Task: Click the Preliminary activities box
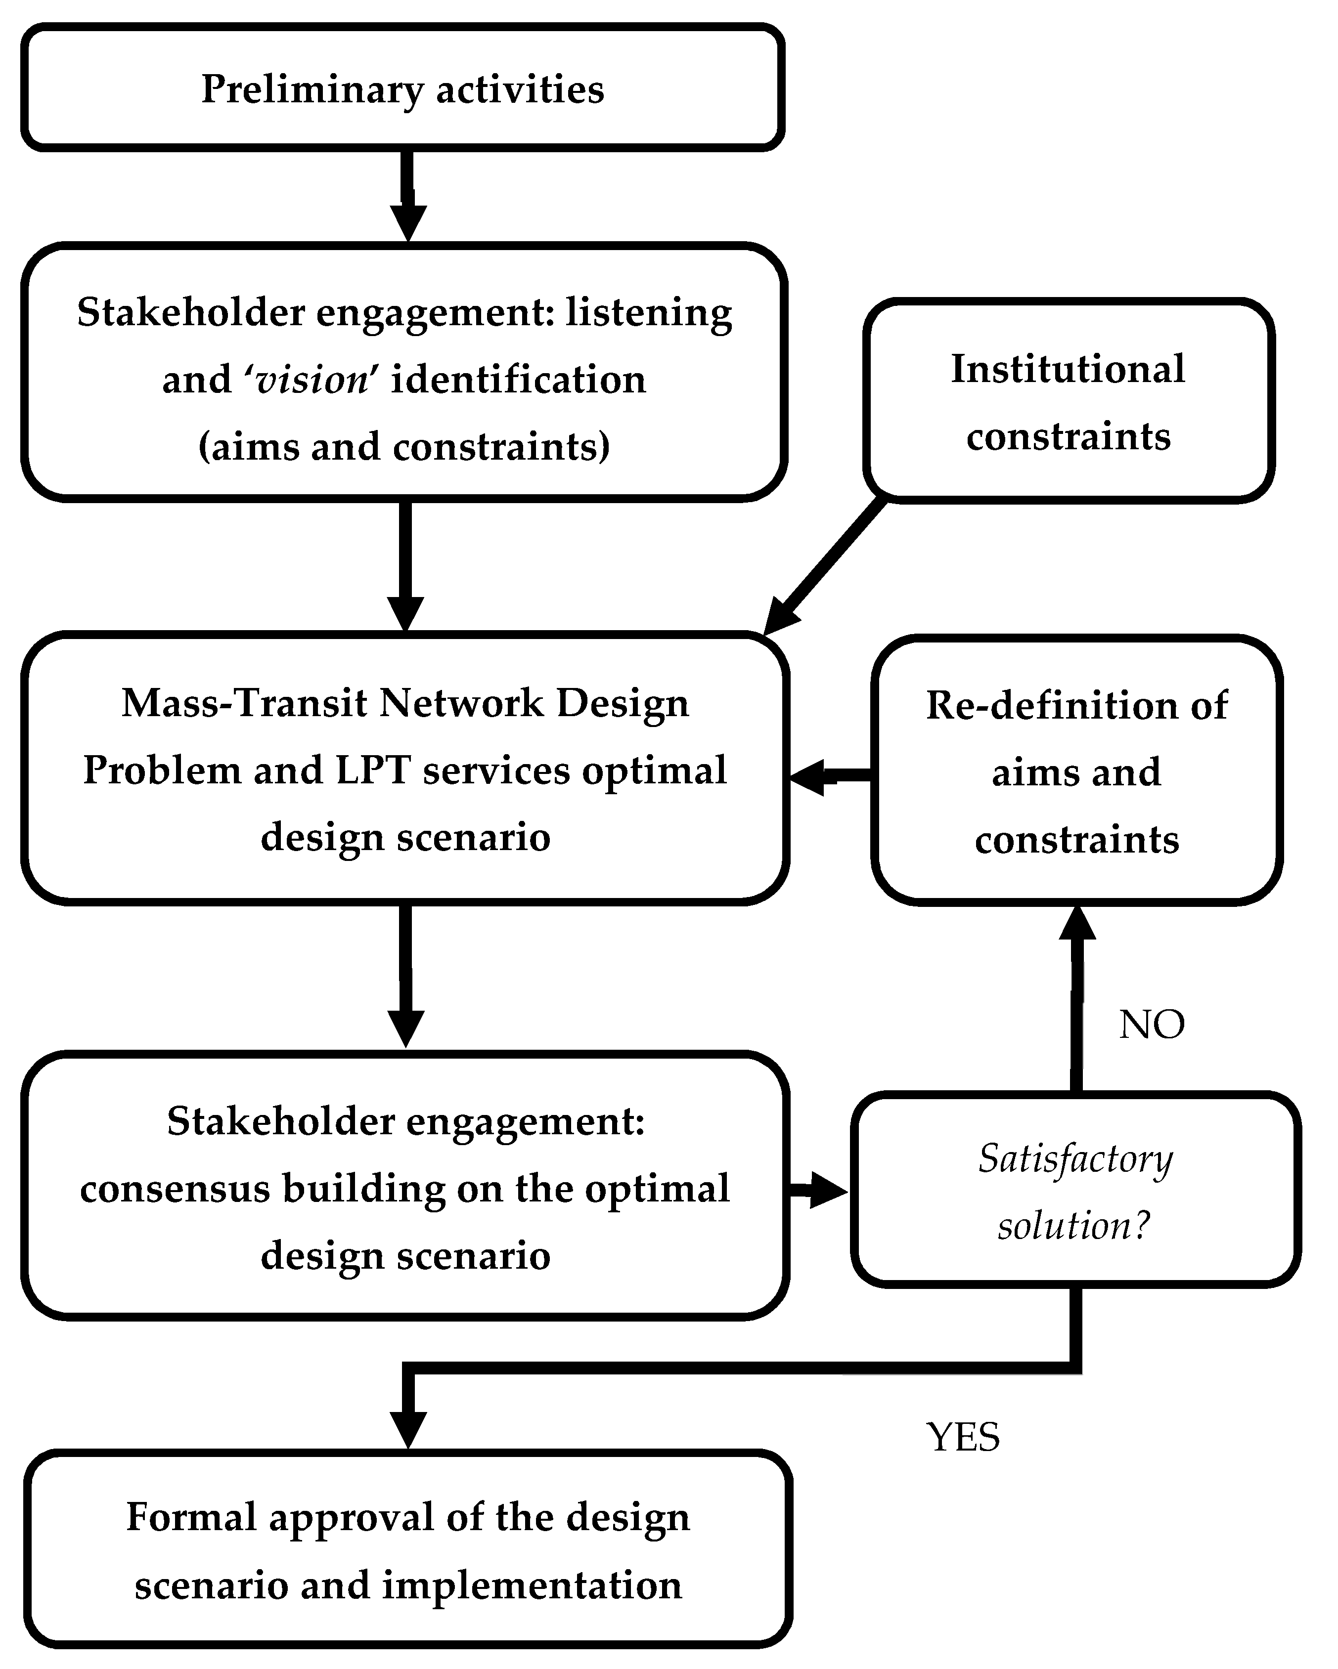coord(402,87)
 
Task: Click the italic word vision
coord(312,380)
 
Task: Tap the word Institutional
coord(1067,369)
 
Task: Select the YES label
coord(963,1437)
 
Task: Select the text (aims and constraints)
coord(404,447)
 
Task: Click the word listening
coord(649,313)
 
